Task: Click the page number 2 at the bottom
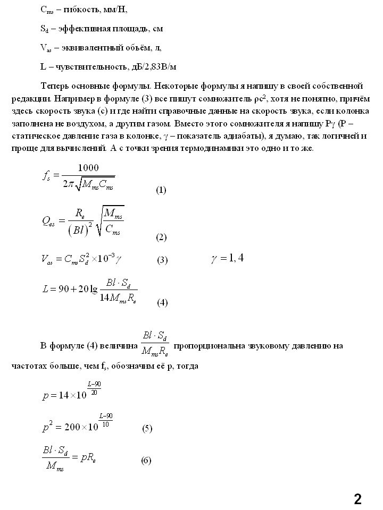tap(357, 499)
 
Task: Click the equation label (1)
tap(161, 190)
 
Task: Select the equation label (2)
tap(161, 237)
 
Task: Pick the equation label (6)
tap(146, 460)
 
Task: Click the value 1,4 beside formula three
tap(234, 258)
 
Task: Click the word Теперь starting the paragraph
tap(55, 86)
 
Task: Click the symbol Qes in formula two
tap(48, 223)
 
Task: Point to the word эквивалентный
tap(87, 48)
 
